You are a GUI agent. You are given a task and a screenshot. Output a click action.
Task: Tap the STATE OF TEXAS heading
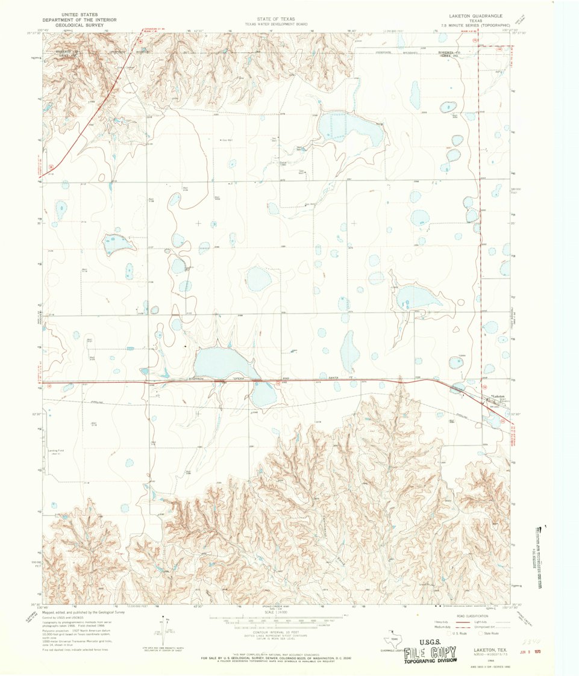point(275,19)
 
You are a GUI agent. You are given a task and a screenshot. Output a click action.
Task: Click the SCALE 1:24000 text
point(275,612)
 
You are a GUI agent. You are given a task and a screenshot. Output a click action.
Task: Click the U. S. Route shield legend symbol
point(446,633)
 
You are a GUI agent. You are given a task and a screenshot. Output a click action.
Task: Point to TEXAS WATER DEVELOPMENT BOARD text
point(275,25)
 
